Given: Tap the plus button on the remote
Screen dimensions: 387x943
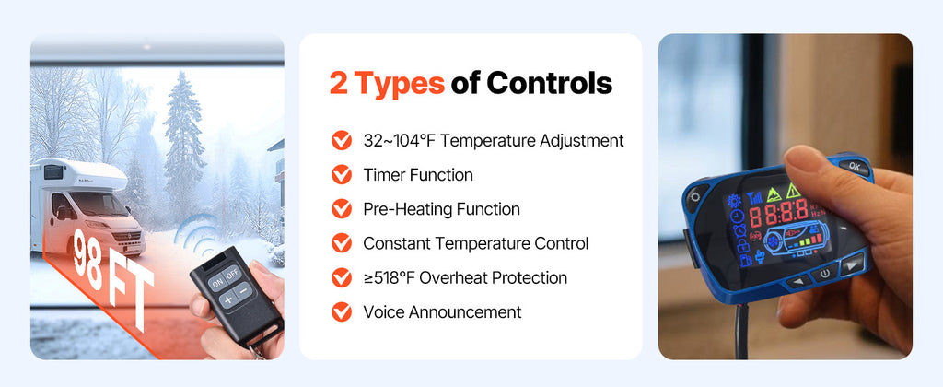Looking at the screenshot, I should click(x=227, y=299).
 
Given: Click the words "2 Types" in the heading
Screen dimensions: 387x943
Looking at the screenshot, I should click(x=387, y=83).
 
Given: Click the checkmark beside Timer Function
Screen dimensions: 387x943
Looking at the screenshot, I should click(x=342, y=174).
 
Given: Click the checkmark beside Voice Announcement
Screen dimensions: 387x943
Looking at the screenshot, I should click(x=342, y=311).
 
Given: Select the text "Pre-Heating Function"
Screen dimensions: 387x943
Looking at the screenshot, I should click(x=441, y=209).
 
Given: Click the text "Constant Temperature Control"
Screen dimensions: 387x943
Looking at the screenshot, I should click(x=475, y=243).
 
